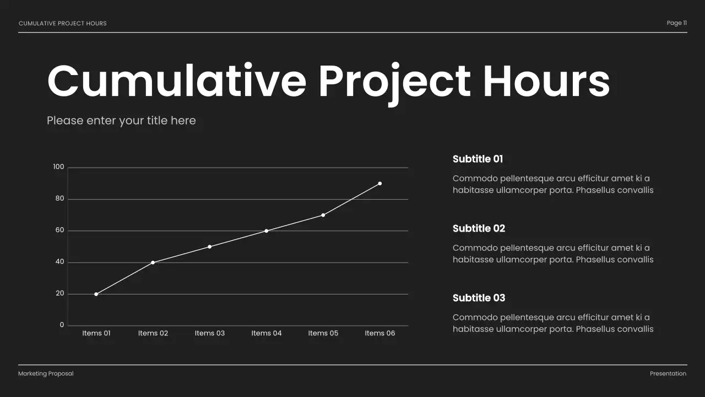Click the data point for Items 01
(x=96, y=294)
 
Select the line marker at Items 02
(x=153, y=262)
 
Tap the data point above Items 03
(x=209, y=246)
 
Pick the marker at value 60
(x=266, y=231)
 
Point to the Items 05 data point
(x=323, y=215)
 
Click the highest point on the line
(x=379, y=184)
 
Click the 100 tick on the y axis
(x=58, y=167)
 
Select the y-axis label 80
(x=59, y=198)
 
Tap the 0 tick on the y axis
(x=62, y=325)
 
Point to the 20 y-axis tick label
(x=59, y=294)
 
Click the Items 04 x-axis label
(x=266, y=333)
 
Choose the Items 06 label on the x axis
(x=379, y=333)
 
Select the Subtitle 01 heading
(x=478, y=159)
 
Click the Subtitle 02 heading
(x=479, y=228)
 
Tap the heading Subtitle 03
(x=479, y=298)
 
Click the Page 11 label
(x=676, y=23)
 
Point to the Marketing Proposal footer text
(x=46, y=374)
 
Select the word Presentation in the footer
(x=668, y=374)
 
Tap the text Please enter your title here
(x=121, y=120)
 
